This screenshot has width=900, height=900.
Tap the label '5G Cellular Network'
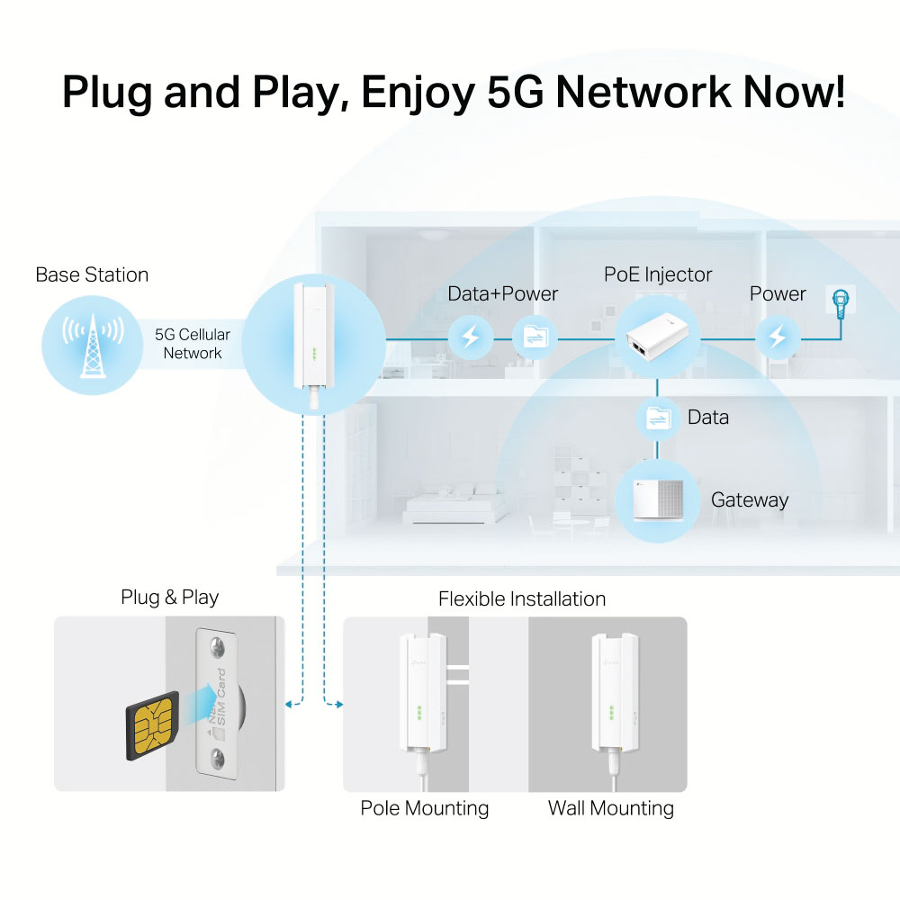pos(193,343)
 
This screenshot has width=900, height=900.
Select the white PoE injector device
pos(657,338)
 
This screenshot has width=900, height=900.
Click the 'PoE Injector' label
pos(658,274)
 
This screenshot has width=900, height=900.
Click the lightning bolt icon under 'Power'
pos(778,337)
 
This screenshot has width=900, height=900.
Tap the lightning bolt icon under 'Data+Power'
pos(471,337)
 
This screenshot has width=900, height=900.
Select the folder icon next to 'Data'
pos(658,418)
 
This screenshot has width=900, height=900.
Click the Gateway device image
pos(658,500)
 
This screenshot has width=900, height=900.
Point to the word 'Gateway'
pos(750,499)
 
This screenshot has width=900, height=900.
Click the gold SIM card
pos(153,726)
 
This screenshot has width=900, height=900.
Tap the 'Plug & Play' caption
pos(169,598)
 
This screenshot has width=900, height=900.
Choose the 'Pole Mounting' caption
pos(425,808)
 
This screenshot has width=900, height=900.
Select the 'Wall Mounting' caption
pos(611,808)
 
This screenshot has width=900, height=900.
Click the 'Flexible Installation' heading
pos(522,598)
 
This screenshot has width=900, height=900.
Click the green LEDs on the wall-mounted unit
pos(611,713)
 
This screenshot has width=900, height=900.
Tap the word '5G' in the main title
pos(515,92)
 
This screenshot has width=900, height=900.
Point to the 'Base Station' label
pos(92,274)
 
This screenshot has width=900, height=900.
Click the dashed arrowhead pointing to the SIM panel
pos(289,705)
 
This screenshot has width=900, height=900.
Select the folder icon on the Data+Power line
pos(535,337)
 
